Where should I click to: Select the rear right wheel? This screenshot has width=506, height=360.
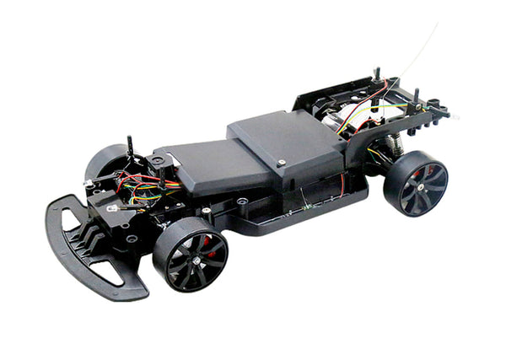(415, 183)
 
